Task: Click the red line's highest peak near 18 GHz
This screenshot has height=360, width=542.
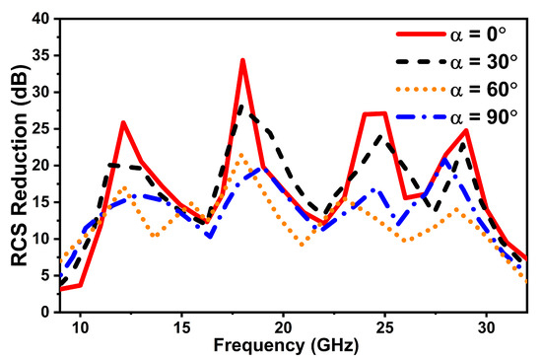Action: (242, 60)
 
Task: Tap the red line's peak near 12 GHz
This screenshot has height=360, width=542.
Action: (123, 122)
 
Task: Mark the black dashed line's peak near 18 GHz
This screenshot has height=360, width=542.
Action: (242, 105)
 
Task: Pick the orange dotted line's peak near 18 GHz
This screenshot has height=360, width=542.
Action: (242, 154)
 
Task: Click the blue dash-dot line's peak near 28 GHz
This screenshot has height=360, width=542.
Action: (445, 159)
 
